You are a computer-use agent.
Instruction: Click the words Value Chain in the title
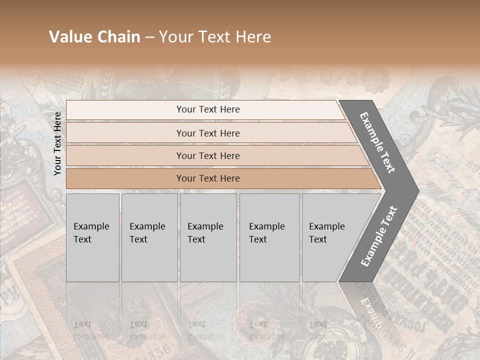pos(94,37)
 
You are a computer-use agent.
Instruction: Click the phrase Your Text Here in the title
pos(215,37)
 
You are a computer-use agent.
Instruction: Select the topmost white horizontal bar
pos(125,110)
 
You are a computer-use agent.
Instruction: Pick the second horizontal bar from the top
pos(125,133)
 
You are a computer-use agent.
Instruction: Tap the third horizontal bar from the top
pos(125,156)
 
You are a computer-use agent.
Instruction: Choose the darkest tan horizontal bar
pos(125,178)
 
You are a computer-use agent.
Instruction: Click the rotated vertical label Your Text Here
pos(57,143)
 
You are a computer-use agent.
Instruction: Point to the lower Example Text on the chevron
pos(379,236)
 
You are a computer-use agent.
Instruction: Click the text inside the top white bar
pos(208,109)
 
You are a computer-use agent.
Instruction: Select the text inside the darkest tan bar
pos(208,178)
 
